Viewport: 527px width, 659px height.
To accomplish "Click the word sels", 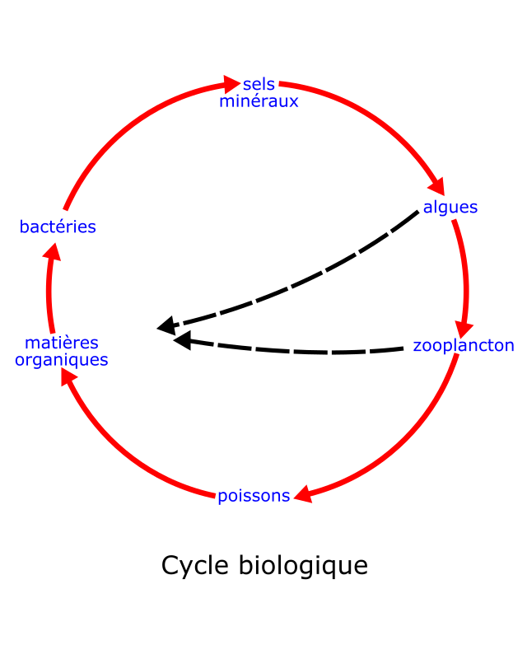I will (259, 85).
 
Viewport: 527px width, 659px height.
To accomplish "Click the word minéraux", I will (259, 101).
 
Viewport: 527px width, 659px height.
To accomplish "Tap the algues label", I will (450, 208).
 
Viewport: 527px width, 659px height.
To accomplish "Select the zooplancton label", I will (463, 346).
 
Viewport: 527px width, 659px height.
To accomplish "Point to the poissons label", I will (254, 496).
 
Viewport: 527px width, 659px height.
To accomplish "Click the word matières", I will (62, 343).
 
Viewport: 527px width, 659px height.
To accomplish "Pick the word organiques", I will (62, 360).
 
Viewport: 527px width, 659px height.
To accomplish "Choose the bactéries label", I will (58, 227).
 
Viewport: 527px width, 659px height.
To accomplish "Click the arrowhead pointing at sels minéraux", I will (231, 84).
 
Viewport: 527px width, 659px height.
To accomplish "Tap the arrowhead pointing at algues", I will (436, 187).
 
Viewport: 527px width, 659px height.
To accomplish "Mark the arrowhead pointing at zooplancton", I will (464, 329).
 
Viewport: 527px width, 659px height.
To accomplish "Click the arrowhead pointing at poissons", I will (303, 494).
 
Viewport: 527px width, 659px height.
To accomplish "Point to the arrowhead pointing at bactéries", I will (53, 251).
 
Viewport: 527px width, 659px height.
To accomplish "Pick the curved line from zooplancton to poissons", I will (403, 445).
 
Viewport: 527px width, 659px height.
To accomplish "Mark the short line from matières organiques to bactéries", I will (50, 297).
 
